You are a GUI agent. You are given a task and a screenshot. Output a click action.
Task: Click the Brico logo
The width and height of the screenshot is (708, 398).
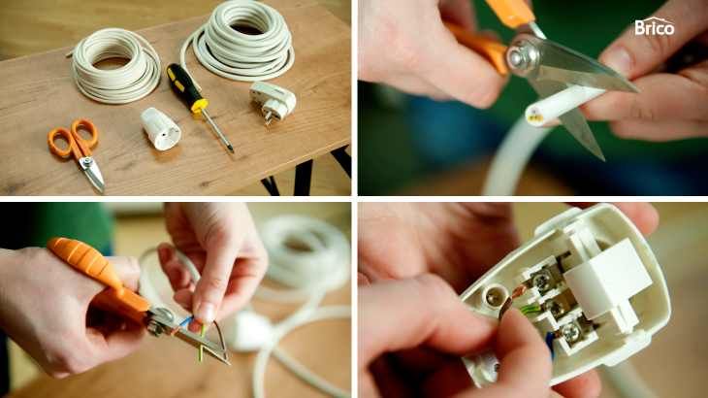click(x=655, y=27)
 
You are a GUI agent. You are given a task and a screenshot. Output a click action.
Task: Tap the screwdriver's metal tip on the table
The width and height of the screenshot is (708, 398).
click(x=231, y=148)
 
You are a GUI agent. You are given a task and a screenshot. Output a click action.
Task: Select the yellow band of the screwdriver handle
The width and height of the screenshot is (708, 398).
click(x=199, y=106)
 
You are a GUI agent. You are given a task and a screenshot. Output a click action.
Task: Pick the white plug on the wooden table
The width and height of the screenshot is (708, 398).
click(x=273, y=102)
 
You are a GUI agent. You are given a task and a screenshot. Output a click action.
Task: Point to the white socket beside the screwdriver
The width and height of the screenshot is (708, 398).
click(x=160, y=129)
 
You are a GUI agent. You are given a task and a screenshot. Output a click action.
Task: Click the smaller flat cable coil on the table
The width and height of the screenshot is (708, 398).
click(x=115, y=69)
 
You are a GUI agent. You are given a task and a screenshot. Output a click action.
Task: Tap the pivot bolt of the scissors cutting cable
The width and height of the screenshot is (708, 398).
click(x=523, y=56)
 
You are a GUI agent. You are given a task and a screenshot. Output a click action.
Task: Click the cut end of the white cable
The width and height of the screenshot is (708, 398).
click(x=535, y=116)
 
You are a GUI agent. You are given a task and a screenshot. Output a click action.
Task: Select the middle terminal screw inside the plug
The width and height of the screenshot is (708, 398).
click(x=556, y=307)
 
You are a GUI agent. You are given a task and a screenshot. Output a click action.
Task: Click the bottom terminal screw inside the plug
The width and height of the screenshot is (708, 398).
click(x=570, y=333)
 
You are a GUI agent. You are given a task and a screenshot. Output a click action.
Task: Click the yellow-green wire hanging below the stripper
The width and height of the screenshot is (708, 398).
click(x=202, y=344)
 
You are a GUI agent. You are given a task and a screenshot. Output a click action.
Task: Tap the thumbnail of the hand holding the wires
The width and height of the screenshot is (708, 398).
click(x=206, y=313)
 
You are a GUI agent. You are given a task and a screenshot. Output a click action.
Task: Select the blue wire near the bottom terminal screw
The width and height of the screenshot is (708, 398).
click(x=550, y=344)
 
